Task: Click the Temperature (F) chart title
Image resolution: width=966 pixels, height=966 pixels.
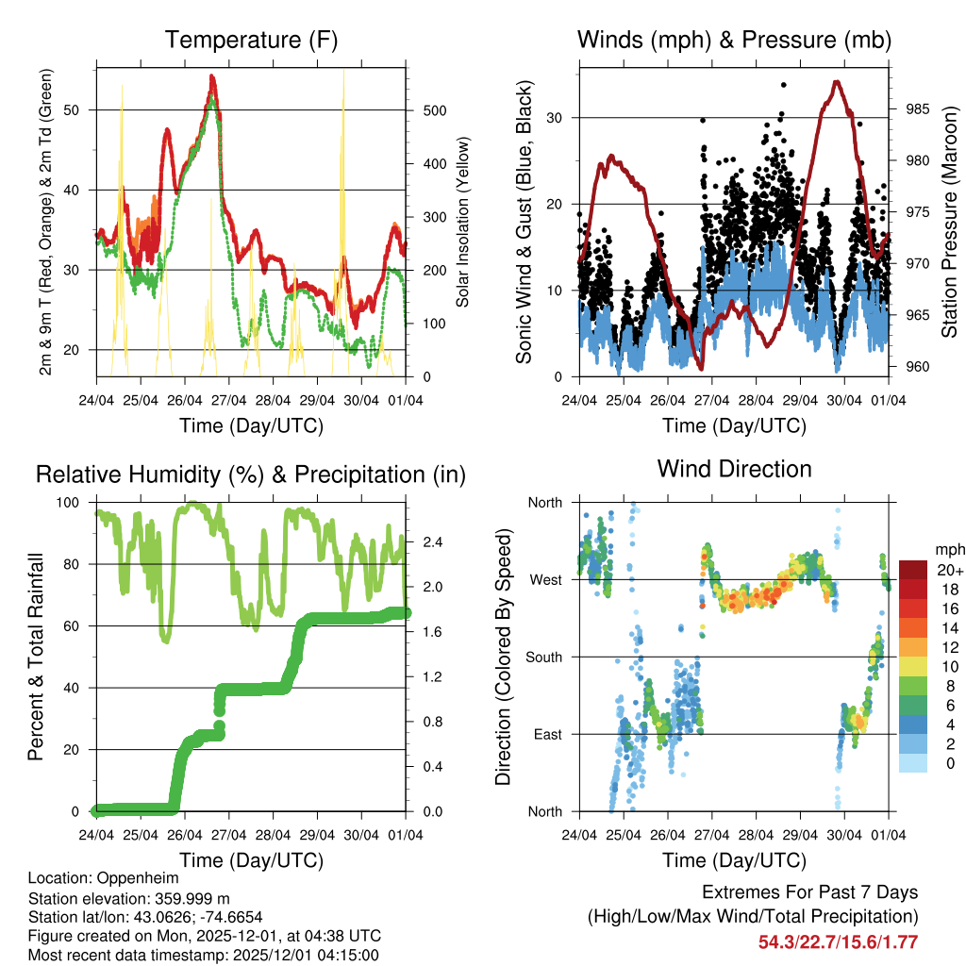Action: pyautogui.click(x=251, y=40)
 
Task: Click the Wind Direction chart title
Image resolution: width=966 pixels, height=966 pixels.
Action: pyautogui.click(x=734, y=468)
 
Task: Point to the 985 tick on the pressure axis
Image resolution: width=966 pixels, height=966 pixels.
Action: pyautogui.click(x=917, y=108)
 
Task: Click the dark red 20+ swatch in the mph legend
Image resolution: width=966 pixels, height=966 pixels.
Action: pyautogui.click(x=912, y=569)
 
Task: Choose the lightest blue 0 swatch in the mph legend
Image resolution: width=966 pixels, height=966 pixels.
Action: pyautogui.click(x=912, y=764)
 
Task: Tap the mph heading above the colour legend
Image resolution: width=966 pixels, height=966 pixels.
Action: pyautogui.click(x=947, y=549)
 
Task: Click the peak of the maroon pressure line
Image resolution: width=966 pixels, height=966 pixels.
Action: pyautogui.click(x=836, y=81)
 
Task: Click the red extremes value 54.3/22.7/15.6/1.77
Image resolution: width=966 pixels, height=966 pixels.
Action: pyautogui.click(x=838, y=941)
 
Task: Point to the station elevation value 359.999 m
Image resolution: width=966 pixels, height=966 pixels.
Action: pyautogui.click(x=180, y=898)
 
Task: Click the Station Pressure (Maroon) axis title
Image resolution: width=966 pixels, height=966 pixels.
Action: pyautogui.click(x=950, y=223)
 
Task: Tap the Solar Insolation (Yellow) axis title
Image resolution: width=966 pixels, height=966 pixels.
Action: pyautogui.click(x=463, y=223)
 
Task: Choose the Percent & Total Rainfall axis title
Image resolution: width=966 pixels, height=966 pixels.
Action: pyautogui.click(x=36, y=658)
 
